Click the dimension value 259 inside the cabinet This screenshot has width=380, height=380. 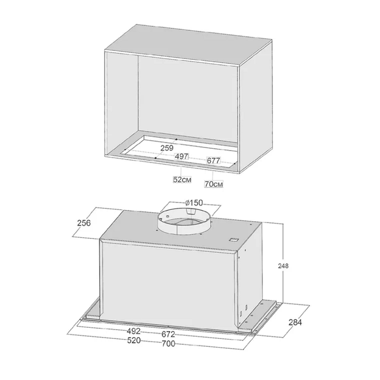click(167, 148)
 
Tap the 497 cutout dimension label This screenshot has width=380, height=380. click(181, 156)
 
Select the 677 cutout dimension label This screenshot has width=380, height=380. click(213, 161)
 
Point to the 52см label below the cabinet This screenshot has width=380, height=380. click(182, 180)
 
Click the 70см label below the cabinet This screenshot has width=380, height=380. click(213, 184)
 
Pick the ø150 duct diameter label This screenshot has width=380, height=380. click(194, 203)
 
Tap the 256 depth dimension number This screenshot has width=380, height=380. click(84, 223)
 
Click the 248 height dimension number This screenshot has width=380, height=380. click(283, 266)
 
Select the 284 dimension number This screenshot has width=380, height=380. click(295, 323)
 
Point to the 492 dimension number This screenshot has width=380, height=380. click(133, 331)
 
